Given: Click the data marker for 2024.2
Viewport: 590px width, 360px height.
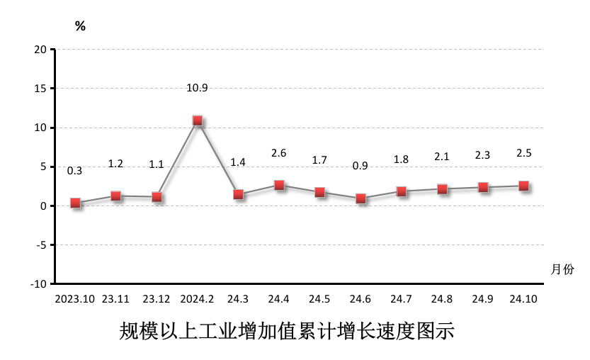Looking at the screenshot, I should tap(198, 120).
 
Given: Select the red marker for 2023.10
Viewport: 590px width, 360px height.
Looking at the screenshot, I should tap(75, 203).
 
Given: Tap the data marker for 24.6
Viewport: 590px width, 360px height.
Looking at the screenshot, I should tap(361, 198).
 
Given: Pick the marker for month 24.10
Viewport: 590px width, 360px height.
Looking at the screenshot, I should tap(524, 186).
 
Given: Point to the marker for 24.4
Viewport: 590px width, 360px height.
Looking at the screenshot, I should tap(279, 185).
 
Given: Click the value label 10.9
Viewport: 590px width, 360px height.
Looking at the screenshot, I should tap(197, 88).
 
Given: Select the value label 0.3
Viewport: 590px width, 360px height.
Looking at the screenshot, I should tap(74, 171).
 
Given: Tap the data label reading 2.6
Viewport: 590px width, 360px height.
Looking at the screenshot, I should tap(279, 153).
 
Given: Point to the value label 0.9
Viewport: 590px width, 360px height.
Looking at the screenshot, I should tap(361, 166).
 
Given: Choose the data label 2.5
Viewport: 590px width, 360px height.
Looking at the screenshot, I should tap(524, 153).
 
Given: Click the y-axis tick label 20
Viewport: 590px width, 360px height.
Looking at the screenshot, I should tap(40, 50).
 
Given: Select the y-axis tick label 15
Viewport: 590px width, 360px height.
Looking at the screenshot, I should tap(40, 89).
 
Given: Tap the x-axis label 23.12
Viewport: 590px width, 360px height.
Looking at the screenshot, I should tap(157, 299).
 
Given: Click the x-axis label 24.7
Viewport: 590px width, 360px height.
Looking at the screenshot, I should tap(402, 299).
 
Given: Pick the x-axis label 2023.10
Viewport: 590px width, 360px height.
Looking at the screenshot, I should tap(75, 299).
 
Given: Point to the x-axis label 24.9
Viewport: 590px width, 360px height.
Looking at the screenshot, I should tap(483, 299).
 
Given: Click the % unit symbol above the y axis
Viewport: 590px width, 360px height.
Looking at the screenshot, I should tap(80, 26).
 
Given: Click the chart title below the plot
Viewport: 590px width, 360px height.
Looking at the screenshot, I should tap(287, 331).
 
